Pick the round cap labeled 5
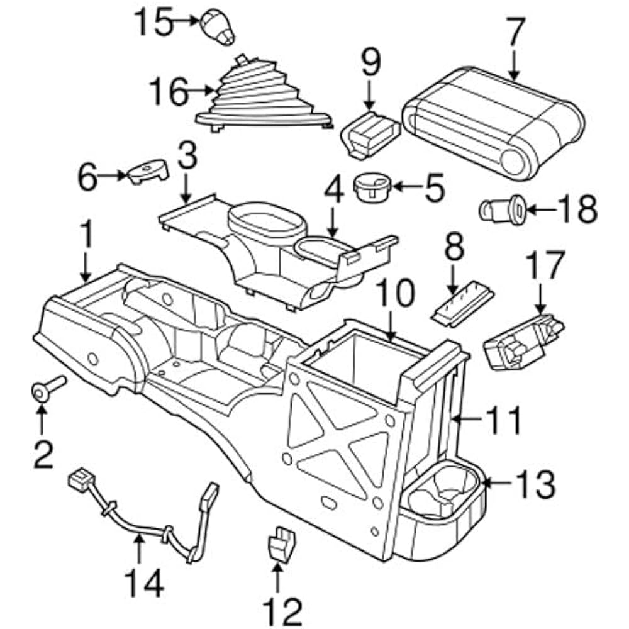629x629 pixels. tap(373, 187)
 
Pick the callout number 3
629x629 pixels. tap(187, 157)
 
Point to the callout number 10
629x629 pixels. tap(396, 294)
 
